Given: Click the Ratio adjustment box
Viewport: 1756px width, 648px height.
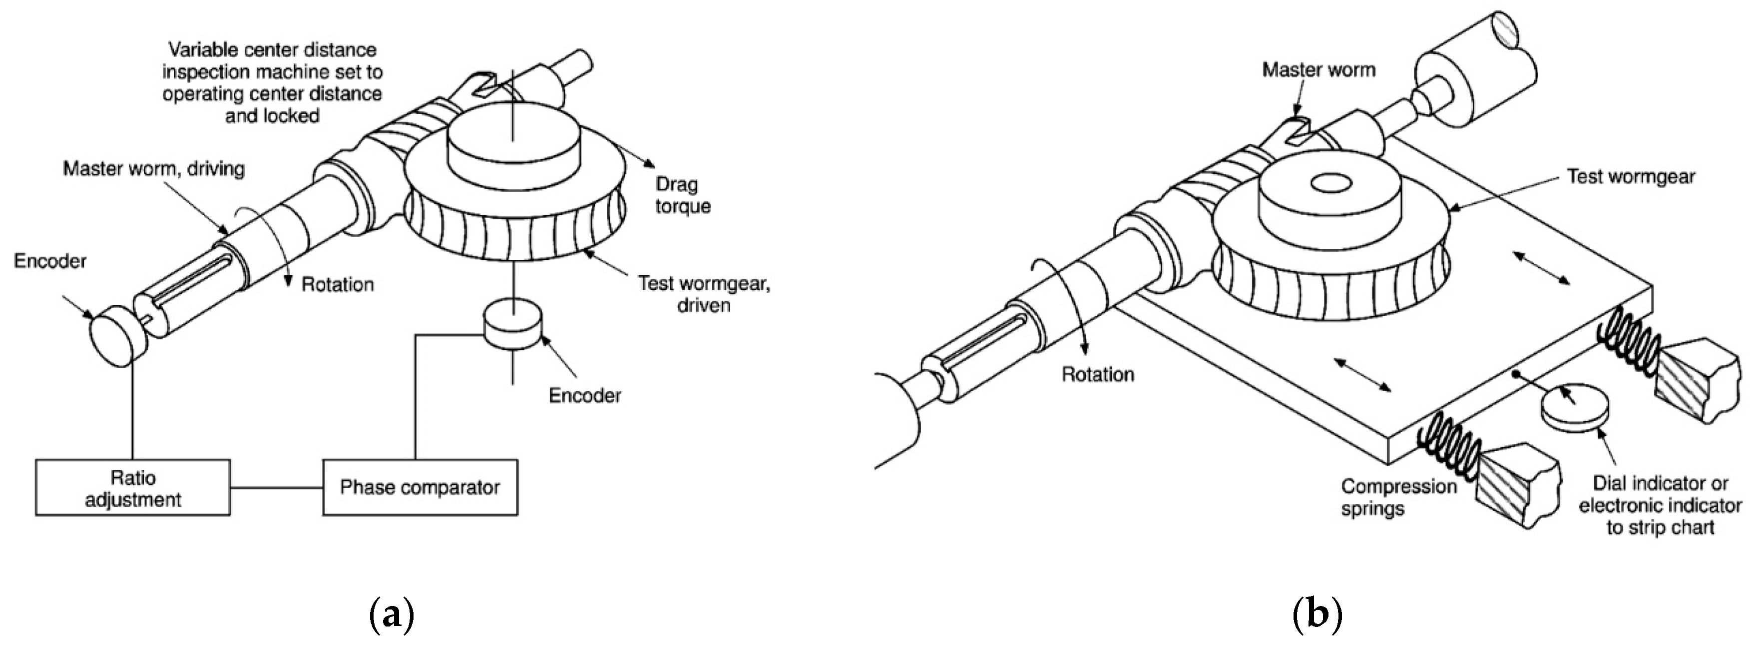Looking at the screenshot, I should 133,487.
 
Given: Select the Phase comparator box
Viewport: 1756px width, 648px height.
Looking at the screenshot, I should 420,487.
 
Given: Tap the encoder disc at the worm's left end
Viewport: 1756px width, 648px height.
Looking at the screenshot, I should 117,333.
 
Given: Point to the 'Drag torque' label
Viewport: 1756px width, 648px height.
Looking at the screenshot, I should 682,195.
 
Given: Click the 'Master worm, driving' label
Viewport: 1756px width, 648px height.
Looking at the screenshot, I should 153,168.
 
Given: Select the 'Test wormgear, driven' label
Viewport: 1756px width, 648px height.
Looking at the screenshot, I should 704,293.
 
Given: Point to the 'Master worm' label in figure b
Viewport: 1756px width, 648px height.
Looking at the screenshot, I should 1318,69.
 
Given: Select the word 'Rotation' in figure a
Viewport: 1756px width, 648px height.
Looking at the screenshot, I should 338,284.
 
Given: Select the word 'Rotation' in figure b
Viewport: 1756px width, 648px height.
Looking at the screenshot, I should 1098,374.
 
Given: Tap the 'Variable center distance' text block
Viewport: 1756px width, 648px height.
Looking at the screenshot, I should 272,82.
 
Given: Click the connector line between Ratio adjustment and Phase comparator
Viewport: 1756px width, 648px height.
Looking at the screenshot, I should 276,487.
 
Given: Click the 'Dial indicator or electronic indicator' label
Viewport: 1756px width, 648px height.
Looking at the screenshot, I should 1660,505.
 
